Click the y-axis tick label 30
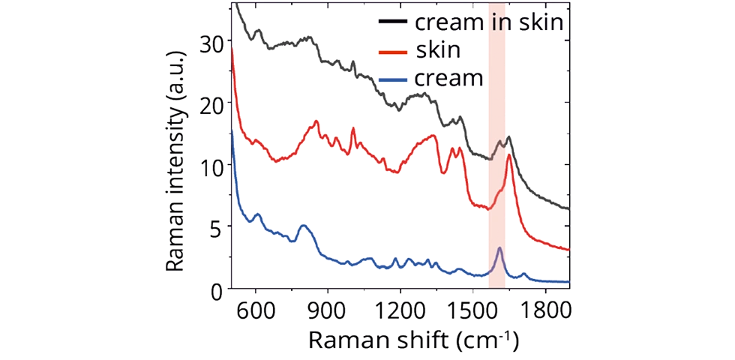pos(213,44)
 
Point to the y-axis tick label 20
pos(213,106)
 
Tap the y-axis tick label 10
pos(213,167)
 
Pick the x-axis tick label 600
pos(256,310)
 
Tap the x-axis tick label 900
pos(328,310)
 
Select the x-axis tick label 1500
pos(474,310)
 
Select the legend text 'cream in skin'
pos(488,22)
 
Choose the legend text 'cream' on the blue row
pos(448,78)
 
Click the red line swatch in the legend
pos(392,51)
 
